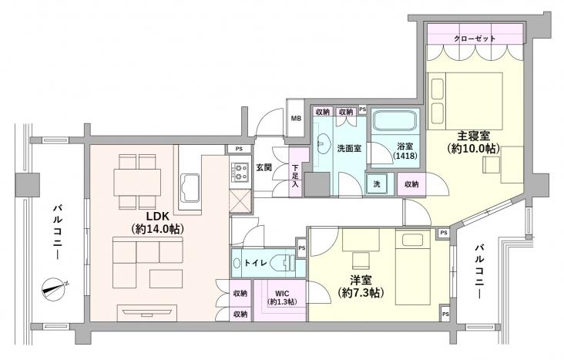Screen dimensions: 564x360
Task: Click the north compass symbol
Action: (54, 289)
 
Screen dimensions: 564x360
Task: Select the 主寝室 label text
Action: (473, 136)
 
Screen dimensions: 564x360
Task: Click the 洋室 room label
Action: (361, 280)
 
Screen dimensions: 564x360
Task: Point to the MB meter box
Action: (296, 118)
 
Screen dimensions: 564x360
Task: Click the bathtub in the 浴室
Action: (395, 120)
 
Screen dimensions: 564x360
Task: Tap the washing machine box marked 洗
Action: (377, 184)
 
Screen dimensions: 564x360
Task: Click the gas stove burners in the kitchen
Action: (240, 172)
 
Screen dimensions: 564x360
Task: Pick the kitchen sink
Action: (190, 187)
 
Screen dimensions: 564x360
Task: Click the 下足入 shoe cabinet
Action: (295, 172)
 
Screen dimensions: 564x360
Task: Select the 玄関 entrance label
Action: (264, 167)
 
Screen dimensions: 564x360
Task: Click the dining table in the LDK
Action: (137, 182)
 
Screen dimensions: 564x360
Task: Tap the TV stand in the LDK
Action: (147, 313)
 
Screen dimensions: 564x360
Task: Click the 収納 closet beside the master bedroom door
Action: (411, 184)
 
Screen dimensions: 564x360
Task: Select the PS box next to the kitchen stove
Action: (239, 149)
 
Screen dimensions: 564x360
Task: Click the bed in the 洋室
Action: (412, 267)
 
